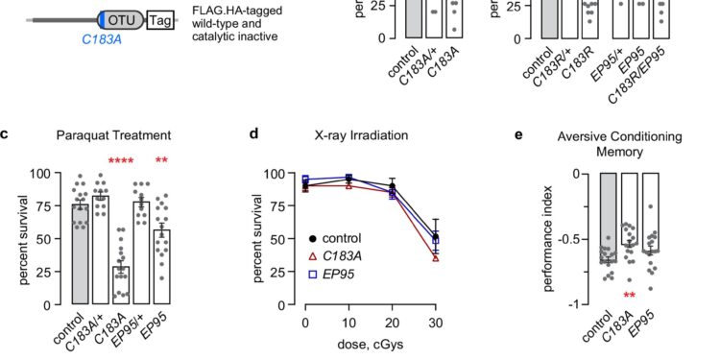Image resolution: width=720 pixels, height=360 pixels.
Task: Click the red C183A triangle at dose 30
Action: [x=437, y=257]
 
